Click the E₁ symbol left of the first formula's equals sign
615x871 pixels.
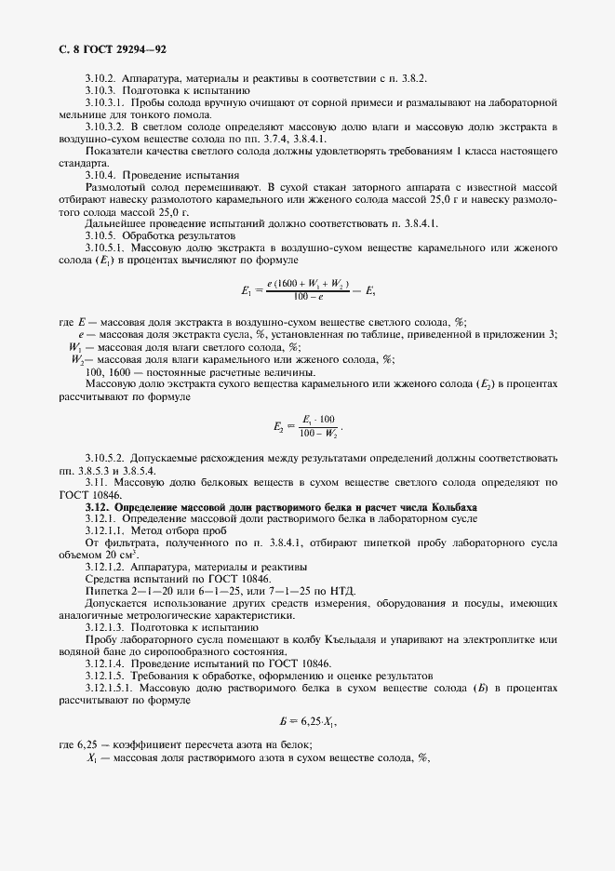tap(246, 290)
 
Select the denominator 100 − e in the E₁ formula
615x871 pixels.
tap(307, 298)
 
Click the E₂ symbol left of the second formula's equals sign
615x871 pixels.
tap(279, 427)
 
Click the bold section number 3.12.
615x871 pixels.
tap(96, 506)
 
